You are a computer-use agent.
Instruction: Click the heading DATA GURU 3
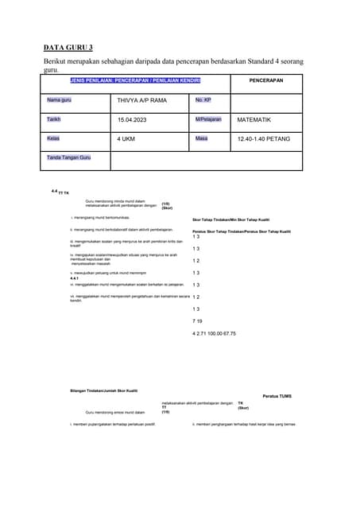(74, 48)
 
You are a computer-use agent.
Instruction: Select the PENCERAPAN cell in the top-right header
(265, 81)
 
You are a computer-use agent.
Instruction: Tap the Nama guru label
(59, 100)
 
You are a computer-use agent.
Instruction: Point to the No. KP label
(203, 100)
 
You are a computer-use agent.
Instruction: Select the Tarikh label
(54, 119)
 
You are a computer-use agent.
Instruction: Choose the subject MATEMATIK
(254, 120)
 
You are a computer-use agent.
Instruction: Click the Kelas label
(53, 138)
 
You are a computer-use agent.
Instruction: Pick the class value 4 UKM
(127, 139)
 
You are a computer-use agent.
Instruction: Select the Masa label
(201, 138)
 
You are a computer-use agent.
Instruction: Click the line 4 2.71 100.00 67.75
(214, 333)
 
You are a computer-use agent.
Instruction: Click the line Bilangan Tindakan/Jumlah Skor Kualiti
(104, 390)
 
